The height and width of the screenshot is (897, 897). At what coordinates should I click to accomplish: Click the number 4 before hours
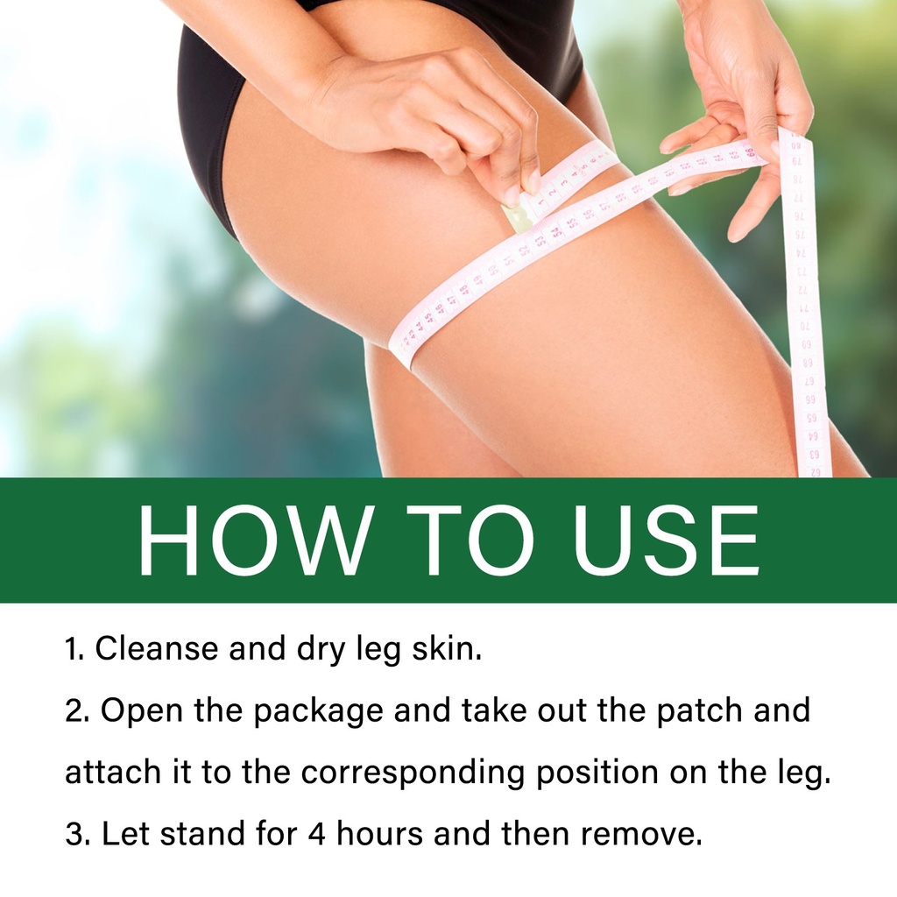coord(316,834)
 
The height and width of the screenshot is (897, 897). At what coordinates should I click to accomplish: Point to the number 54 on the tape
coord(554,232)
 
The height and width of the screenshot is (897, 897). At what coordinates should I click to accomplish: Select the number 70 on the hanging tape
coord(806,327)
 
